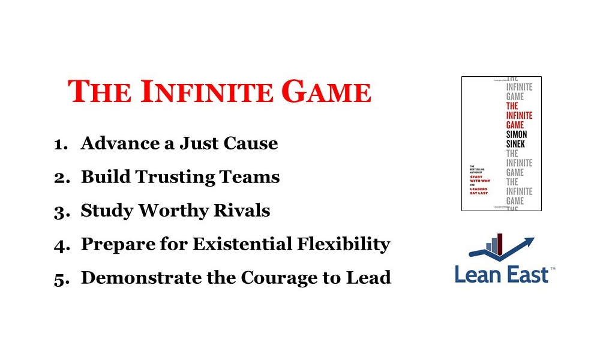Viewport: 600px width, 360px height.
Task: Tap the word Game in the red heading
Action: tap(326, 92)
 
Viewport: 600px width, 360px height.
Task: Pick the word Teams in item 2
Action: tap(251, 177)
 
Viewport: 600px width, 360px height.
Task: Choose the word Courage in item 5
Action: tap(284, 278)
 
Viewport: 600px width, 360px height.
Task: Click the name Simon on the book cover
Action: tap(515, 135)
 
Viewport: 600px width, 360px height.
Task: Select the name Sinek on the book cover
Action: tap(515, 145)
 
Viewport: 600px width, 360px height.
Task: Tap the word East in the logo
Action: tap(524, 274)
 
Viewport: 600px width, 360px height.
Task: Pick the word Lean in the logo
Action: tap(476, 274)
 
